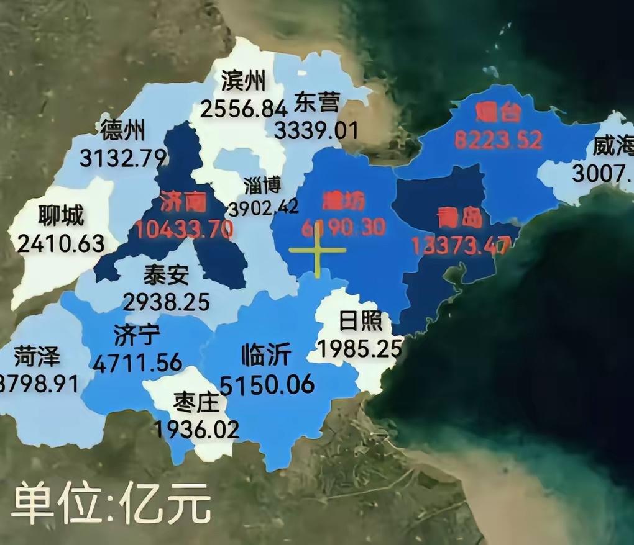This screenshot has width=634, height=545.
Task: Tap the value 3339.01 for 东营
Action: coord(316,131)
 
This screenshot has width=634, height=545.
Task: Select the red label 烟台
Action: coord(497,114)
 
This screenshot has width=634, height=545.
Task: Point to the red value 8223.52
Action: coord(498,140)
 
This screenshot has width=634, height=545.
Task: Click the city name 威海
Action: coord(612,146)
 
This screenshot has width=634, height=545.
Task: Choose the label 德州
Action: coord(122,131)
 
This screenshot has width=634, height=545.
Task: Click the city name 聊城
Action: coord(60,217)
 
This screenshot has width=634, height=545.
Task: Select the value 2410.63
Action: coord(60,243)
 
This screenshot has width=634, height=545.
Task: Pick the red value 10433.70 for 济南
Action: coord(185,230)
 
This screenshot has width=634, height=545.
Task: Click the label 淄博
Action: coord(263,185)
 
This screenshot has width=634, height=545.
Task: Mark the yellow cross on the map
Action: coord(317,250)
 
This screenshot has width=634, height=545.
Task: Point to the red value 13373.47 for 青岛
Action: coord(461,246)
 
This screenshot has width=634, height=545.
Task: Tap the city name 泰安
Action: coord(166,274)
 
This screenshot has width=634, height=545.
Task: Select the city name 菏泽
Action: coord(37,357)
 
